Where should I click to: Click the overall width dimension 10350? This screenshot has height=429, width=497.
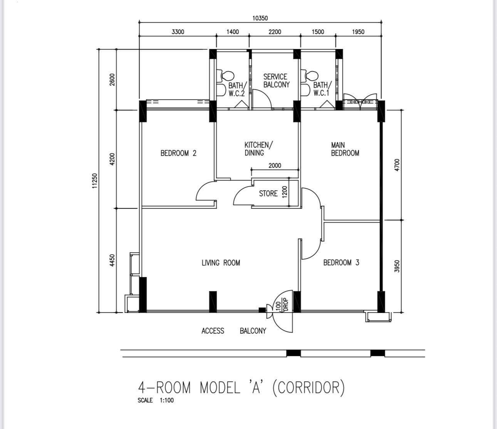point(260,18)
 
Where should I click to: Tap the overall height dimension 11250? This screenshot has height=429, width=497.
point(95,181)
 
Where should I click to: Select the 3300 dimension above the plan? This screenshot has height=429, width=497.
point(178,32)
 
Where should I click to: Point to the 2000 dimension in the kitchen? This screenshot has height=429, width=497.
point(275,166)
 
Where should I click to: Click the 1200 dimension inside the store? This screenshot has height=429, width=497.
point(285,192)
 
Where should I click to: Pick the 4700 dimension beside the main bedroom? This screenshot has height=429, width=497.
point(397,165)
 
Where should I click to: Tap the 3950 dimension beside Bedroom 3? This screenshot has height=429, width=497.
point(397,266)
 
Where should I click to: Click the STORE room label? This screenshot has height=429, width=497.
point(268,194)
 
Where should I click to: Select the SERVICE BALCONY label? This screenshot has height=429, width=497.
point(276,81)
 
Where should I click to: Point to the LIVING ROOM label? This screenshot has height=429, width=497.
point(221,263)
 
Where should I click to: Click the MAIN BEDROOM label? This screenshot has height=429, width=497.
point(345,149)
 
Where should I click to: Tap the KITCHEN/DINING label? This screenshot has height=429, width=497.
point(259,149)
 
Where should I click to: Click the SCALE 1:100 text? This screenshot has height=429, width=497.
point(156,400)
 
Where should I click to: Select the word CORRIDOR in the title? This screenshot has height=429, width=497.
point(309,387)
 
